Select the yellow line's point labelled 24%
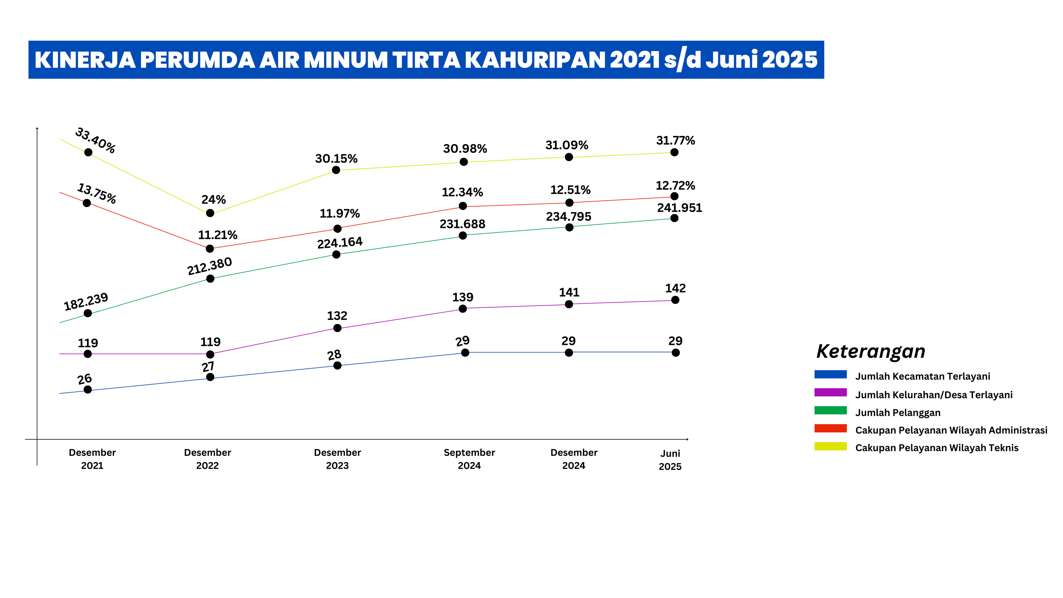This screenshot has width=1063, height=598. (210, 213)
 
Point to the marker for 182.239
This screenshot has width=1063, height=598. (88, 313)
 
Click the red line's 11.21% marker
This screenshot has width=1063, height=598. (210, 249)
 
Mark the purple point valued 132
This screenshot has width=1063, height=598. (337, 328)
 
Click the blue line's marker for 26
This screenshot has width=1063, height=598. (88, 390)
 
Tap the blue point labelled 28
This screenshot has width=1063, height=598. (337, 366)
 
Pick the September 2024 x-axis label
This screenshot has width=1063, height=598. (469, 459)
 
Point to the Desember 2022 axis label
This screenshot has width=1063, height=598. (207, 459)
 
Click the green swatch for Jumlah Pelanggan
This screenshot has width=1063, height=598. (830, 411)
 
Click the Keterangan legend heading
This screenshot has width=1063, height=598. (871, 352)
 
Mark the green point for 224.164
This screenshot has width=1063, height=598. (336, 255)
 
